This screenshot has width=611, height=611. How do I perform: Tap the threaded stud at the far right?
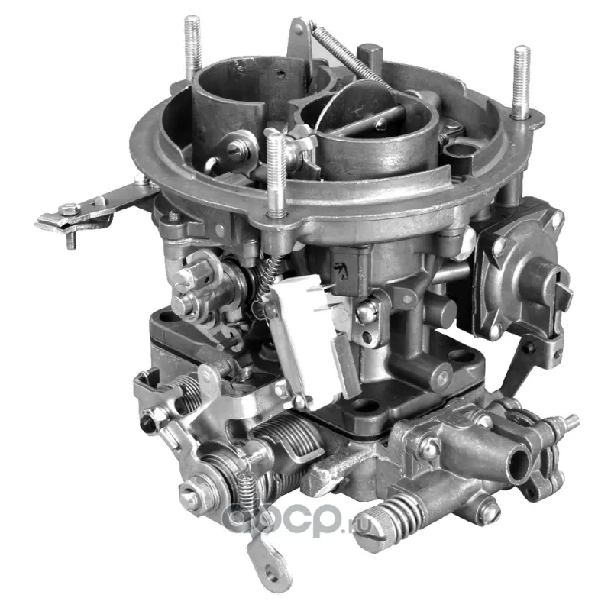(522, 82)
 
